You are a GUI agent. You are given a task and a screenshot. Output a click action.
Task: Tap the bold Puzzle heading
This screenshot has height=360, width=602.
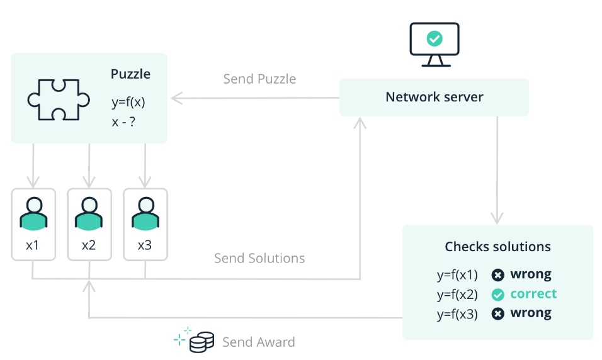point(130,74)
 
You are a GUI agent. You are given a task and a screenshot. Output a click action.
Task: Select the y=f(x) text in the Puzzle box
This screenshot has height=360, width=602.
point(128,101)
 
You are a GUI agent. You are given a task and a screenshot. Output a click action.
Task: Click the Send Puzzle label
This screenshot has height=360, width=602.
point(259,79)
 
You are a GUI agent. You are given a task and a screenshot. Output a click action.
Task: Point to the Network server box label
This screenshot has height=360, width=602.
point(434,97)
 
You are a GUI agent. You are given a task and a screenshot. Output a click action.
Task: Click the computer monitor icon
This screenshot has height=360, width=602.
point(434,44)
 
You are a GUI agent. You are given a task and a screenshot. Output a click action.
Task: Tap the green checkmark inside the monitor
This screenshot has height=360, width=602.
point(434,39)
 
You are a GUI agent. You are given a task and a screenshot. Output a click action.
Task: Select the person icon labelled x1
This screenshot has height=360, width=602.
point(33,214)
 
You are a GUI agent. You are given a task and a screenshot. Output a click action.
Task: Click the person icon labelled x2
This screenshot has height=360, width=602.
point(89,214)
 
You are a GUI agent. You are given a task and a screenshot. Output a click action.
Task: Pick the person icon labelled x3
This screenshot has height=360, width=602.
point(145,214)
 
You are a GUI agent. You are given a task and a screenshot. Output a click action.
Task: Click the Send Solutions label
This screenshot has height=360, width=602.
point(259,258)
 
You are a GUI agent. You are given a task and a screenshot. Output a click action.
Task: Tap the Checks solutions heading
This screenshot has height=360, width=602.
point(497,246)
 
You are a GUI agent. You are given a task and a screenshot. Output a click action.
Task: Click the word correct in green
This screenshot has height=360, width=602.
point(533,294)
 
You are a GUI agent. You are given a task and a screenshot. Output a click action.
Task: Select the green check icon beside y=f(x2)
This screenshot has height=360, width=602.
point(498,295)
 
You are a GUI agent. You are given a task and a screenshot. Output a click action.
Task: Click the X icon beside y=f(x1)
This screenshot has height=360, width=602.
point(498,275)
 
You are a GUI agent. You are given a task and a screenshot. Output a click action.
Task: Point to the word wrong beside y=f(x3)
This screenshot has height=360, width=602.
point(530,313)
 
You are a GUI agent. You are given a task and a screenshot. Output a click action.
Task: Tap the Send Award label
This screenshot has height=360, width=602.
point(258,342)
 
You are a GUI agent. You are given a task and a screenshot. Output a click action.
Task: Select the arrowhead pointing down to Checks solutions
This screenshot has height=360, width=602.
point(497,218)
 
